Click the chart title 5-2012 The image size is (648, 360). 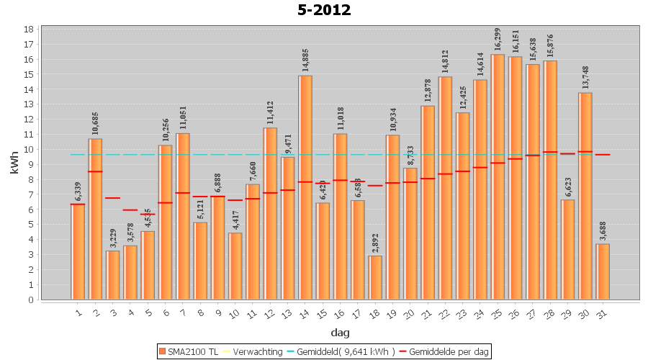click(x=323, y=10)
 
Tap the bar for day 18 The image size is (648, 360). click(x=375, y=277)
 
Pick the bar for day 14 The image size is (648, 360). click(x=305, y=187)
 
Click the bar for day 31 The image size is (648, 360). click(x=603, y=271)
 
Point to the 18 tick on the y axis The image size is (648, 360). click(x=29, y=30)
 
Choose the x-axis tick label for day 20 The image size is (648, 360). click(x=408, y=313)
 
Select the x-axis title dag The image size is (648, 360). click(x=340, y=332)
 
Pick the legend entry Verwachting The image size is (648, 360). click(x=256, y=351)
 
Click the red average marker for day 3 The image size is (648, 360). click(x=112, y=198)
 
